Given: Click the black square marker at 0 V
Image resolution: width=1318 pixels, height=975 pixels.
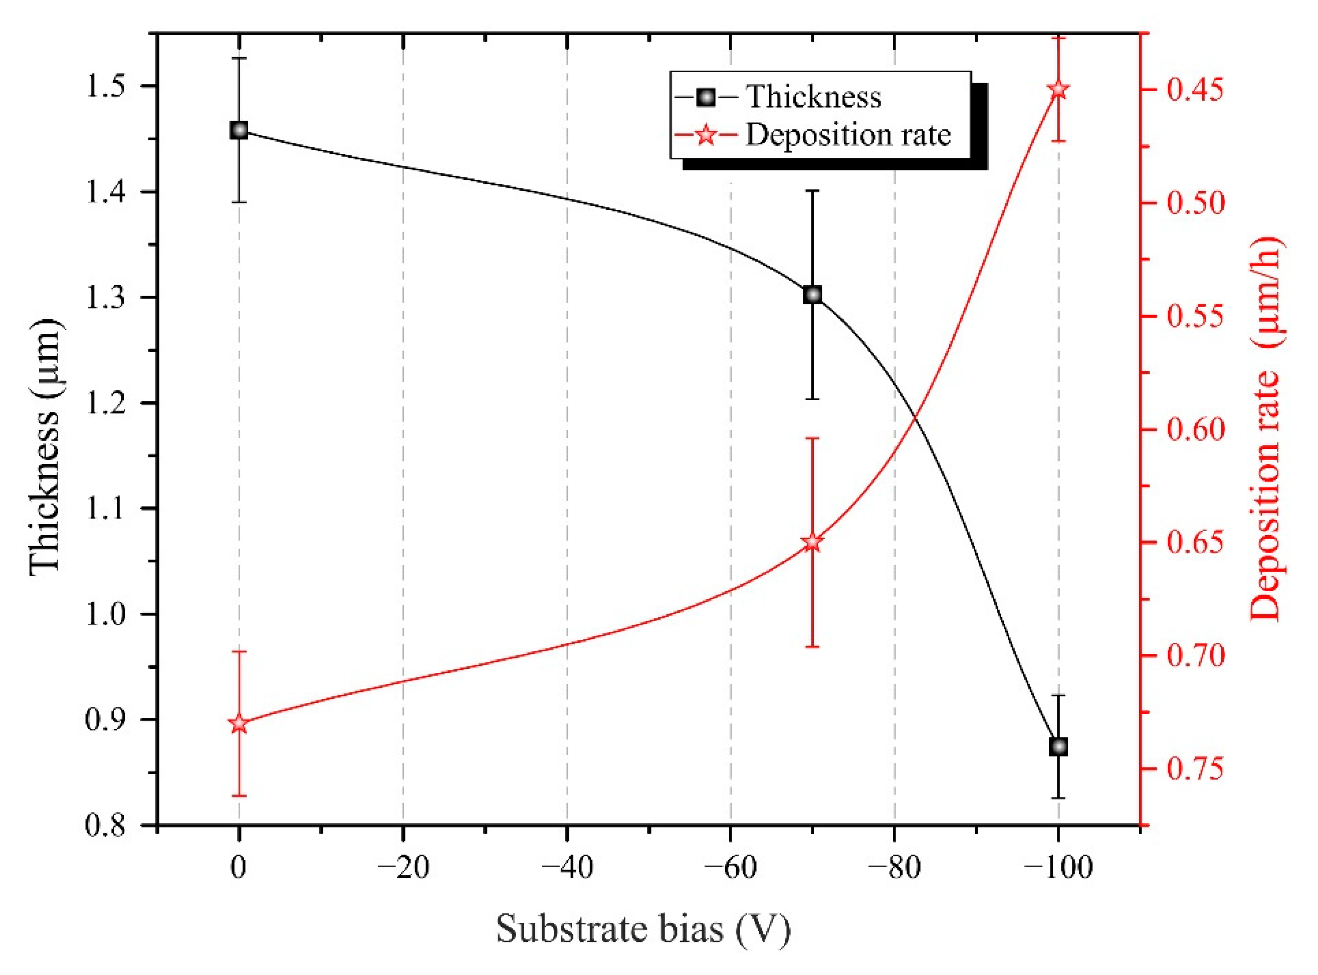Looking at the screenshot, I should tap(239, 130).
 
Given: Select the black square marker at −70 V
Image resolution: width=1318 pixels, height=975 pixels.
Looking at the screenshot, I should tap(812, 295).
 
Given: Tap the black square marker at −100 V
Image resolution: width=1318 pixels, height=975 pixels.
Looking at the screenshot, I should tap(1058, 747).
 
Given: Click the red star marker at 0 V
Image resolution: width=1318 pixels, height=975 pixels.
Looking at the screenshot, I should tap(239, 723).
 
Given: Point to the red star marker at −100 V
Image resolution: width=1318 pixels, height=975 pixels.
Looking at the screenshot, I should tap(1058, 90).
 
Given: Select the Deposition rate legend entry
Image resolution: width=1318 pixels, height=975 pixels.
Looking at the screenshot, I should tap(848, 135).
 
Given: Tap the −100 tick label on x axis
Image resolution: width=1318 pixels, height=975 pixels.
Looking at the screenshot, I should tap(1058, 868).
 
